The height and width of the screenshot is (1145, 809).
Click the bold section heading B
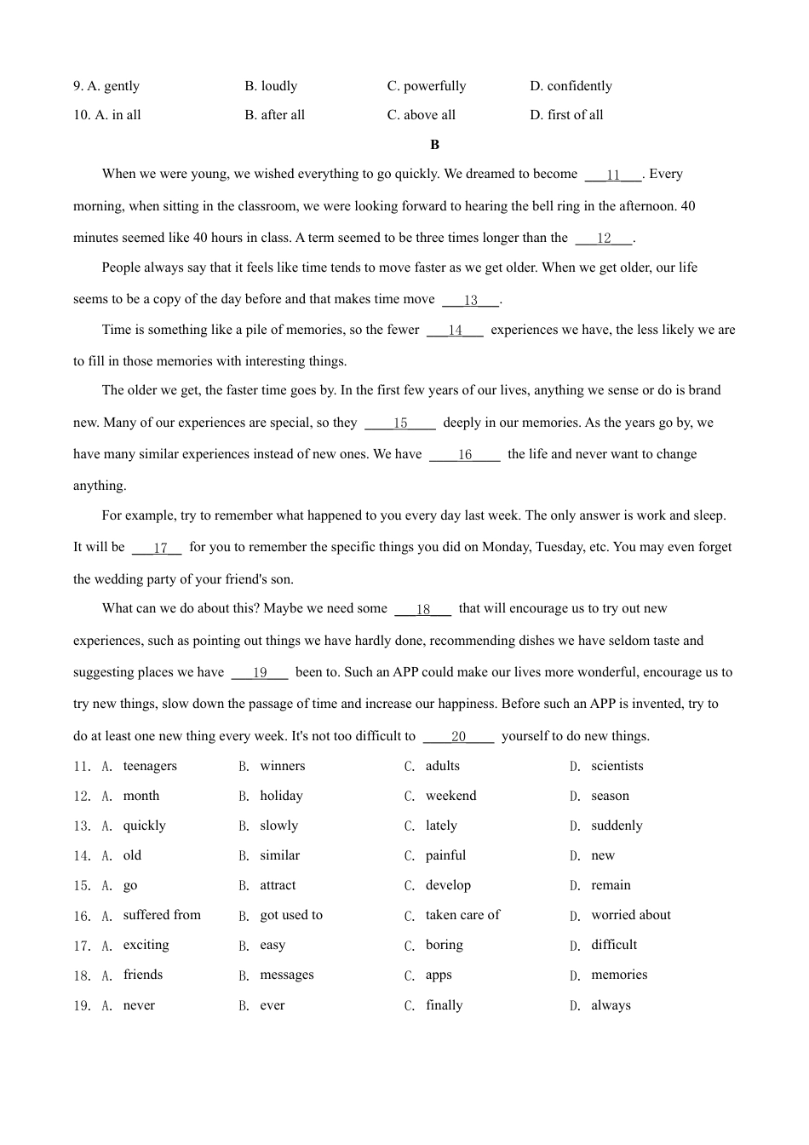(434, 145)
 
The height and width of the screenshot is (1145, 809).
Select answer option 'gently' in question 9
(121, 86)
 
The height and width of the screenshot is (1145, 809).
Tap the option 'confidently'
(579, 86)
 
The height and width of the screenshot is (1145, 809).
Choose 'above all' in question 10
(429, 115)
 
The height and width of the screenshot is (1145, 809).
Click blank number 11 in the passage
(613, 175)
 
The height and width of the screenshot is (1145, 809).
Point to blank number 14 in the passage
(455, 331)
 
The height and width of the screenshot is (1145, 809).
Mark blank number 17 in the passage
(160, 548)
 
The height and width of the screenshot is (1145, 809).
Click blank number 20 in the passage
(458, 737)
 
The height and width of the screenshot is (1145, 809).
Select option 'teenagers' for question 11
(150, 766)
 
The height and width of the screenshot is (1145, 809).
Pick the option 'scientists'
(617, 766)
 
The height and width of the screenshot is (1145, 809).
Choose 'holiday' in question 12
(281, 796)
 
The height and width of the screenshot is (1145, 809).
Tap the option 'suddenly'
(617, 826)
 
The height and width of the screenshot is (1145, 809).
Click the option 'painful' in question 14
(445, 855)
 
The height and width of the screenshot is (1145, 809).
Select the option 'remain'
(611, 885)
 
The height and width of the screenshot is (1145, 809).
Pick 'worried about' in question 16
(631, 915)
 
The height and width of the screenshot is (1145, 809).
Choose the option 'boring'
(444, 945)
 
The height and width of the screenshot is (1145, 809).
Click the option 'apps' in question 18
(439, 975)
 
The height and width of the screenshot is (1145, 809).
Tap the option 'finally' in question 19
(444, 1005)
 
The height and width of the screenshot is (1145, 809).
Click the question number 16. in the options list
(82, 916)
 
